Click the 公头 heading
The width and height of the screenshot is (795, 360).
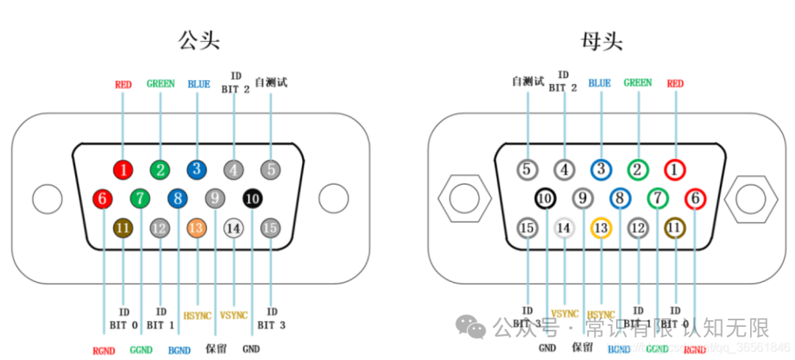[199, 40]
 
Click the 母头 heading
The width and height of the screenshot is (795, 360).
[601, 40]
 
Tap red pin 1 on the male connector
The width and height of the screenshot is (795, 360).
[123, 170]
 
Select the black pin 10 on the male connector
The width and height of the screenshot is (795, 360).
[252, 198]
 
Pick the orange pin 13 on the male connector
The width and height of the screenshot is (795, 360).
[196, 228]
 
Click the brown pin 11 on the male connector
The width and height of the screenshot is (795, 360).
[123, 228]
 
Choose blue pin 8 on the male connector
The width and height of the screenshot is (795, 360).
[177, 198]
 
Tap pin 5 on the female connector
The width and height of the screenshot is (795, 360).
[527, 170]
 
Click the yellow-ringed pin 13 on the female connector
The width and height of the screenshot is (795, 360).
[601, 228]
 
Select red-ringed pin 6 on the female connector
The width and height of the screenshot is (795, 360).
[694, 198]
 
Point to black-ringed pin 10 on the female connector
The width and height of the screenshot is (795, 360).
[545, 198]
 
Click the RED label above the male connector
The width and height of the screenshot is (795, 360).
[123, 85]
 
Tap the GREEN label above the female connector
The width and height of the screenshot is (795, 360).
[637, 83]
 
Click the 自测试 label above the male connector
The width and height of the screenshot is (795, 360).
[271, 82]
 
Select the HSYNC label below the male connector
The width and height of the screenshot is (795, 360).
[197, 315]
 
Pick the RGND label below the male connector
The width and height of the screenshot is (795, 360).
[104, 350]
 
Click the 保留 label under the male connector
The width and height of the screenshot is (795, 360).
[216, 348]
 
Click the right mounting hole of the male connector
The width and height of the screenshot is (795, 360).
[333, 198]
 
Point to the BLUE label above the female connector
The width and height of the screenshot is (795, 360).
[599, 83]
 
